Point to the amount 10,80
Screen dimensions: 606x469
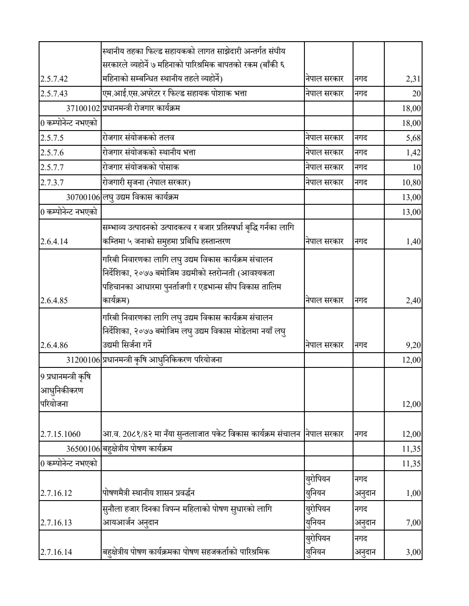(x=412, y=182)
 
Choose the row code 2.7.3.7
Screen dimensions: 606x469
(x=52, y=182)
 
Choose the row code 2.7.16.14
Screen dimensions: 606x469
(x=56, y=552)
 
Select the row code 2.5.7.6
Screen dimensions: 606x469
(x=52, y=153)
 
